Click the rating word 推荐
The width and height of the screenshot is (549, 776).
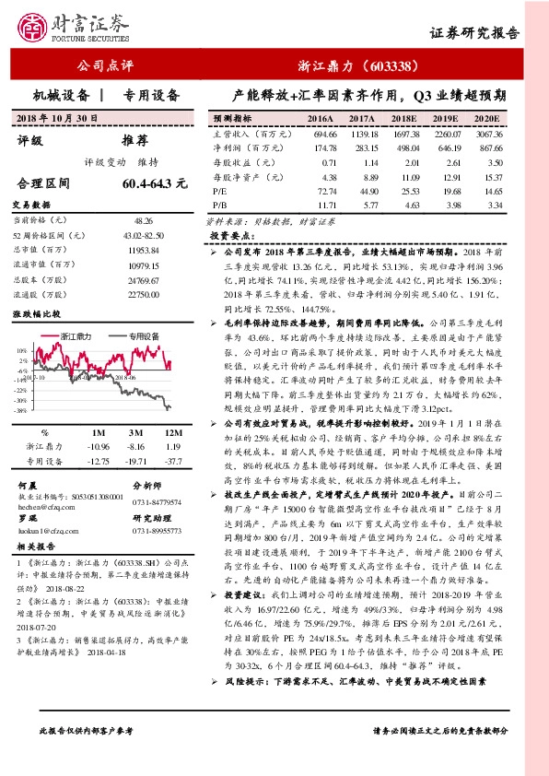coord(134,141)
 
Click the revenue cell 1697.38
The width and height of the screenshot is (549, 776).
coord(403,134)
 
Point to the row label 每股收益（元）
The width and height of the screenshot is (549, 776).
coord(241,160)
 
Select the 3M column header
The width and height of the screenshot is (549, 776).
coord(136,431)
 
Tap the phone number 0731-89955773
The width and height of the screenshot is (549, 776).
coord(158,531)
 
